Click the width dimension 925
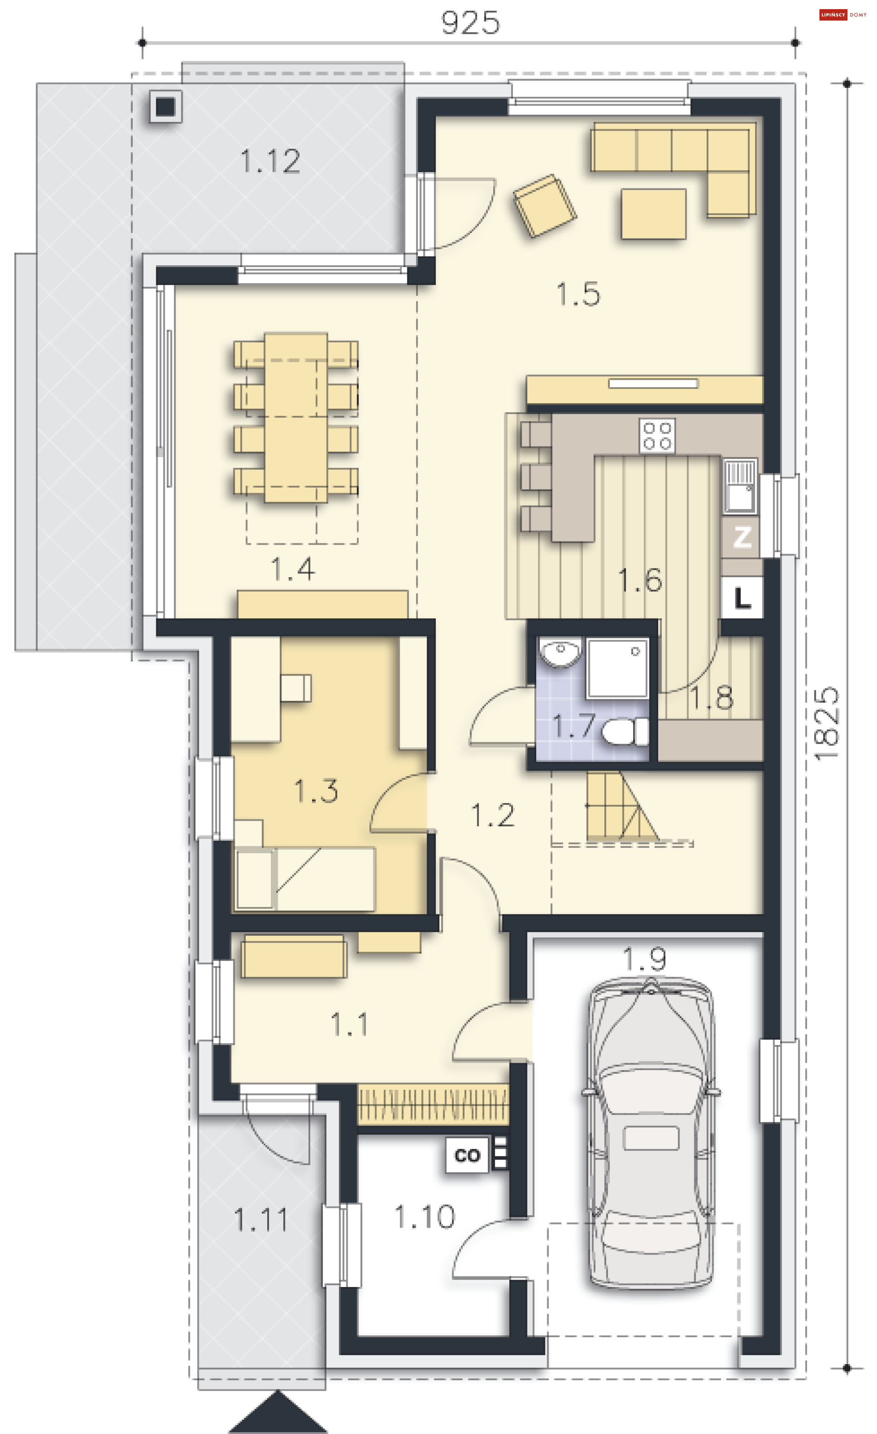coord(470,23)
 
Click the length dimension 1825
coord(826,724)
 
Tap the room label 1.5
coord(578,294)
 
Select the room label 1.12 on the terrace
coord(270,161)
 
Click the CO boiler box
coord(467,1155)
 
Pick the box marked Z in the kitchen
coord(741,537)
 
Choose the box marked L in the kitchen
coord(742,597)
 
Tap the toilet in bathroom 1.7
coord(625,731)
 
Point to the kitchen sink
coord(740,486)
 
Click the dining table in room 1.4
coord(296,417)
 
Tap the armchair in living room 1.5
coord(544,205)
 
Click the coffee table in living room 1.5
coord(653,214)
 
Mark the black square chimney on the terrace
coord(165,106)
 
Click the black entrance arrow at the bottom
coord(278,1413)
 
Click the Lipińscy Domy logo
coord(843,15)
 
